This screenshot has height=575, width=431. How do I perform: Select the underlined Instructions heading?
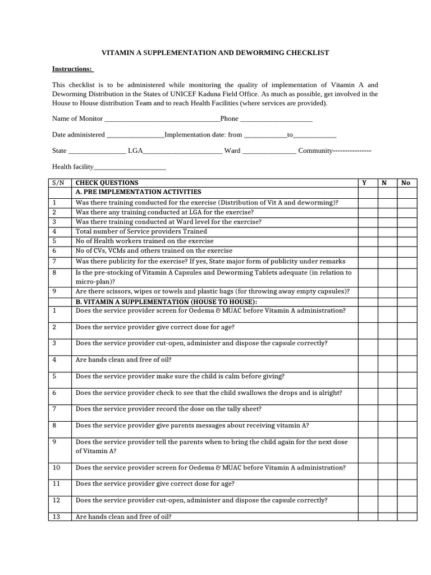pyautogui.click(x=72, y=69)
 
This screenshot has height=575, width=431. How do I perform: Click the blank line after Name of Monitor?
pyautogui.click(x=163, y=119)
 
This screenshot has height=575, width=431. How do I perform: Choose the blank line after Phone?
pyautogui.click(x=276, y=119)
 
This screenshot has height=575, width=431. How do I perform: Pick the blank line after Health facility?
pyautogui.click(x=130, y=167)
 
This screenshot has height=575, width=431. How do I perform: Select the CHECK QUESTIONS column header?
pyautogui.click(x=107, y=183)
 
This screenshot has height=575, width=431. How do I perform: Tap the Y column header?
pyautogui.click(x=364, y=183)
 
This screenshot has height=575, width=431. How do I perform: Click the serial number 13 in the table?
pyautogui.click(x=56, y=516)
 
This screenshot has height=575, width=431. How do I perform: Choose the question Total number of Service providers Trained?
pyautogui.click(x=141, y=231)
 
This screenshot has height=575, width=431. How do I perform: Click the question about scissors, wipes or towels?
pyautogui.click(x=212, y=291)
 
